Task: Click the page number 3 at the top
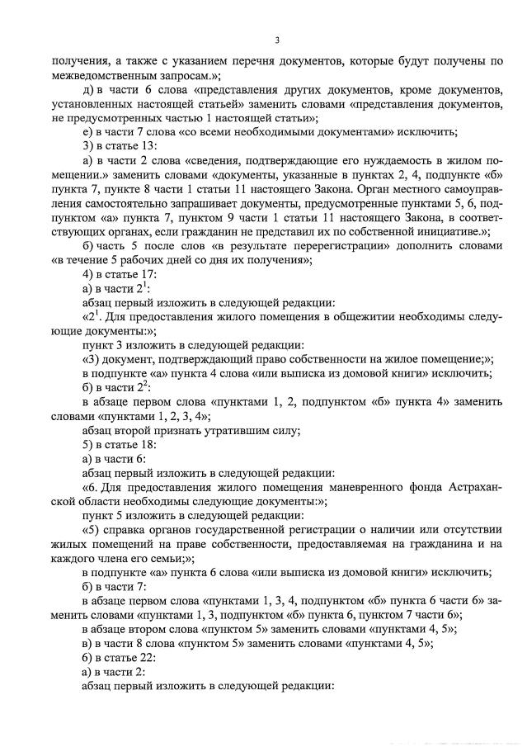(277, 40)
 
